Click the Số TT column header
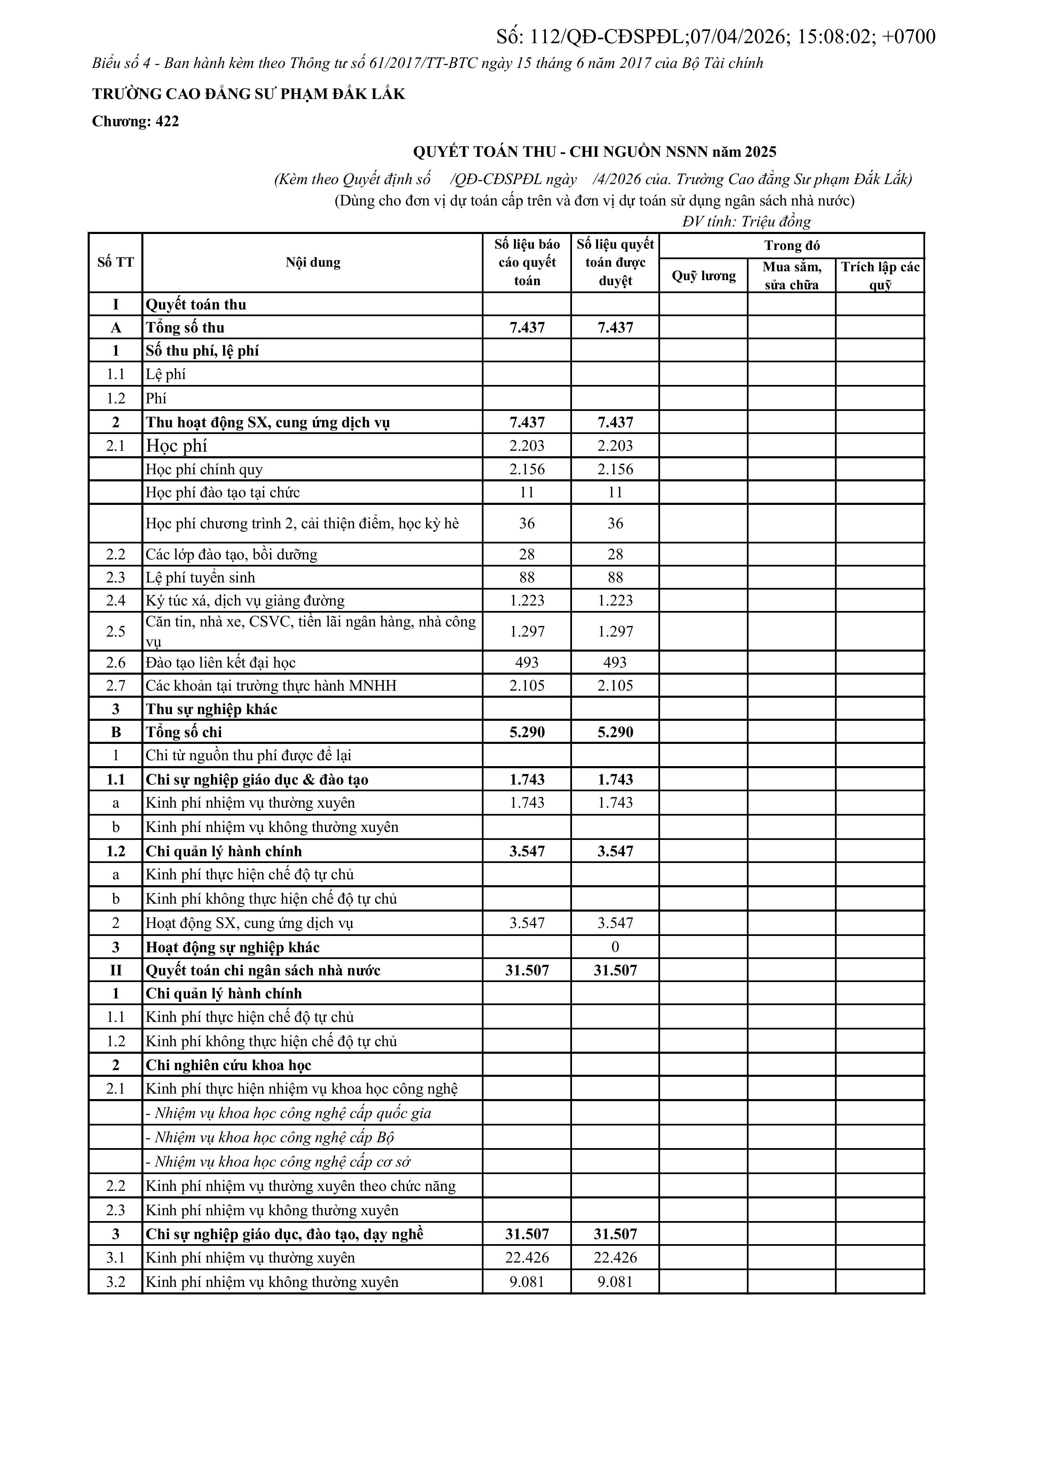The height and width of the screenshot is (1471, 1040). click(115, 262)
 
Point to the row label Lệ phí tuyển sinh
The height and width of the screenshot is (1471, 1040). click(200, 577)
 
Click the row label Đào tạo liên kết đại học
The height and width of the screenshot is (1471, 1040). click(221, 663)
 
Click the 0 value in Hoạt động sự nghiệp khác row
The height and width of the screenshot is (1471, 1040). click(615, 947)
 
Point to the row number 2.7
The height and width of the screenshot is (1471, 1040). click(115, 686)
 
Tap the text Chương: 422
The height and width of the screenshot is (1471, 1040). click(135, 121)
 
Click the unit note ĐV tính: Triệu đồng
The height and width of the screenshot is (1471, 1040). click(746, 222)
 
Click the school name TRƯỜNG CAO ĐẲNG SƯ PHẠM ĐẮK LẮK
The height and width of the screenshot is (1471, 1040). click(249, 94)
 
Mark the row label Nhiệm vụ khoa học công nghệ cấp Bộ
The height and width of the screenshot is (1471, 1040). click(270, 1137)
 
